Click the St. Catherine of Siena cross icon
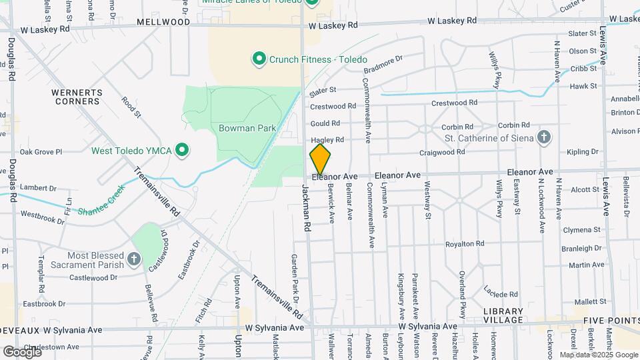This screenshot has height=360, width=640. [x=545, y=138]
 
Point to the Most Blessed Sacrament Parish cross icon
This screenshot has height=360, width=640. [x=134, y=260]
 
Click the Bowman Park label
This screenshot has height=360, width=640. [x=247, y=127]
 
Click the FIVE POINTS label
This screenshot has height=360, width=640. [x=611, y=321]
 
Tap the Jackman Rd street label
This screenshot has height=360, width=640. [x=307, y=207]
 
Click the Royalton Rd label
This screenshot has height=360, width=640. [x=465, y=244]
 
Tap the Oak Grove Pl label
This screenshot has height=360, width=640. [x=41, y=152]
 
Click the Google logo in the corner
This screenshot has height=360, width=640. [x=22, y=351]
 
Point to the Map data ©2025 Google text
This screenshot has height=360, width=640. [x=597, y=355]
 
